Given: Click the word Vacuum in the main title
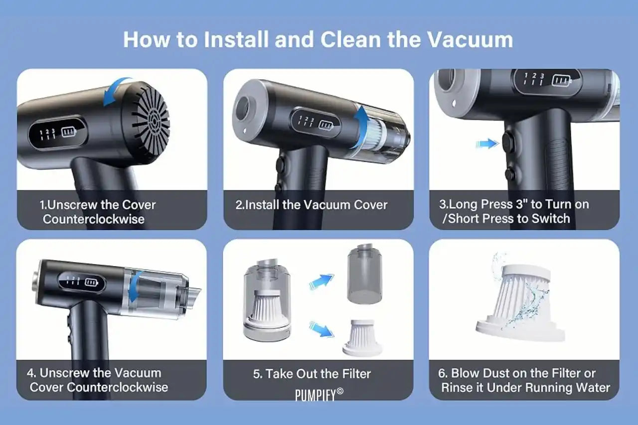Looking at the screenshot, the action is (x=470, y=39).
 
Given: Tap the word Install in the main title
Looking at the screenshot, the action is (x=236, y=39).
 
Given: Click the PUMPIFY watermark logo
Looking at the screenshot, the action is (x=319, y=395).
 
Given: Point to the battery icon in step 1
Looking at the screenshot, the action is (x=69, y=132).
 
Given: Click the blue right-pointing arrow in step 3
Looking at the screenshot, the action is (x=487, y=143).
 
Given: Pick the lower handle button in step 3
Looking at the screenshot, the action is (x=510, y=174).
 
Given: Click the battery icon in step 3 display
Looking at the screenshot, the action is (x=561, y=81).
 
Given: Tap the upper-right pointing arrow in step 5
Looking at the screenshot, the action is (x=322, y=282).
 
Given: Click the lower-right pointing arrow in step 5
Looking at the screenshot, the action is (x=322, y=329).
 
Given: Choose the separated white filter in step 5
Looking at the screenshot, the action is (x=362, y=338).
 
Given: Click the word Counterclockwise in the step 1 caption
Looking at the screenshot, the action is (x=94, y=219).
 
